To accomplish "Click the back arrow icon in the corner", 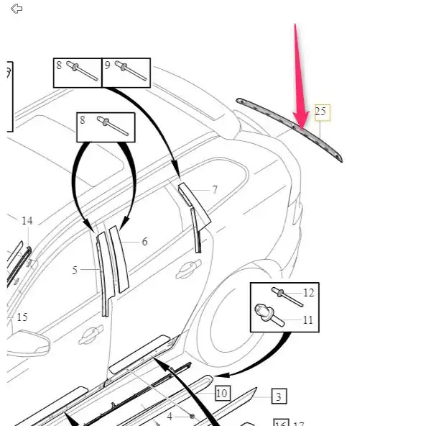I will (x=17, y=9).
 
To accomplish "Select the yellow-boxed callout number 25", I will (x=320, y=112).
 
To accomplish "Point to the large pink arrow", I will (x=298, y=79).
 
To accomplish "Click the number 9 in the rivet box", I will (x=108, y=65).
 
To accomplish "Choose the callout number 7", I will (x=215, y=190).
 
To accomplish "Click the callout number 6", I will (x=144, y=242).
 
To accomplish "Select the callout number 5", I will (x=75, y=271).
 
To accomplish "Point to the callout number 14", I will (x=27, y=221).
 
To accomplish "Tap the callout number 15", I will (x=22, y=317).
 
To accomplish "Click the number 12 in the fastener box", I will (x=308, y=293).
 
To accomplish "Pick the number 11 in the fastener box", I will (x=308, y=319).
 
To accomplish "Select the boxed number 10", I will (x=221, y=393).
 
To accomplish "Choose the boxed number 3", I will (x=279, y=396).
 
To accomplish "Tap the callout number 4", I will (x=170, y=416).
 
